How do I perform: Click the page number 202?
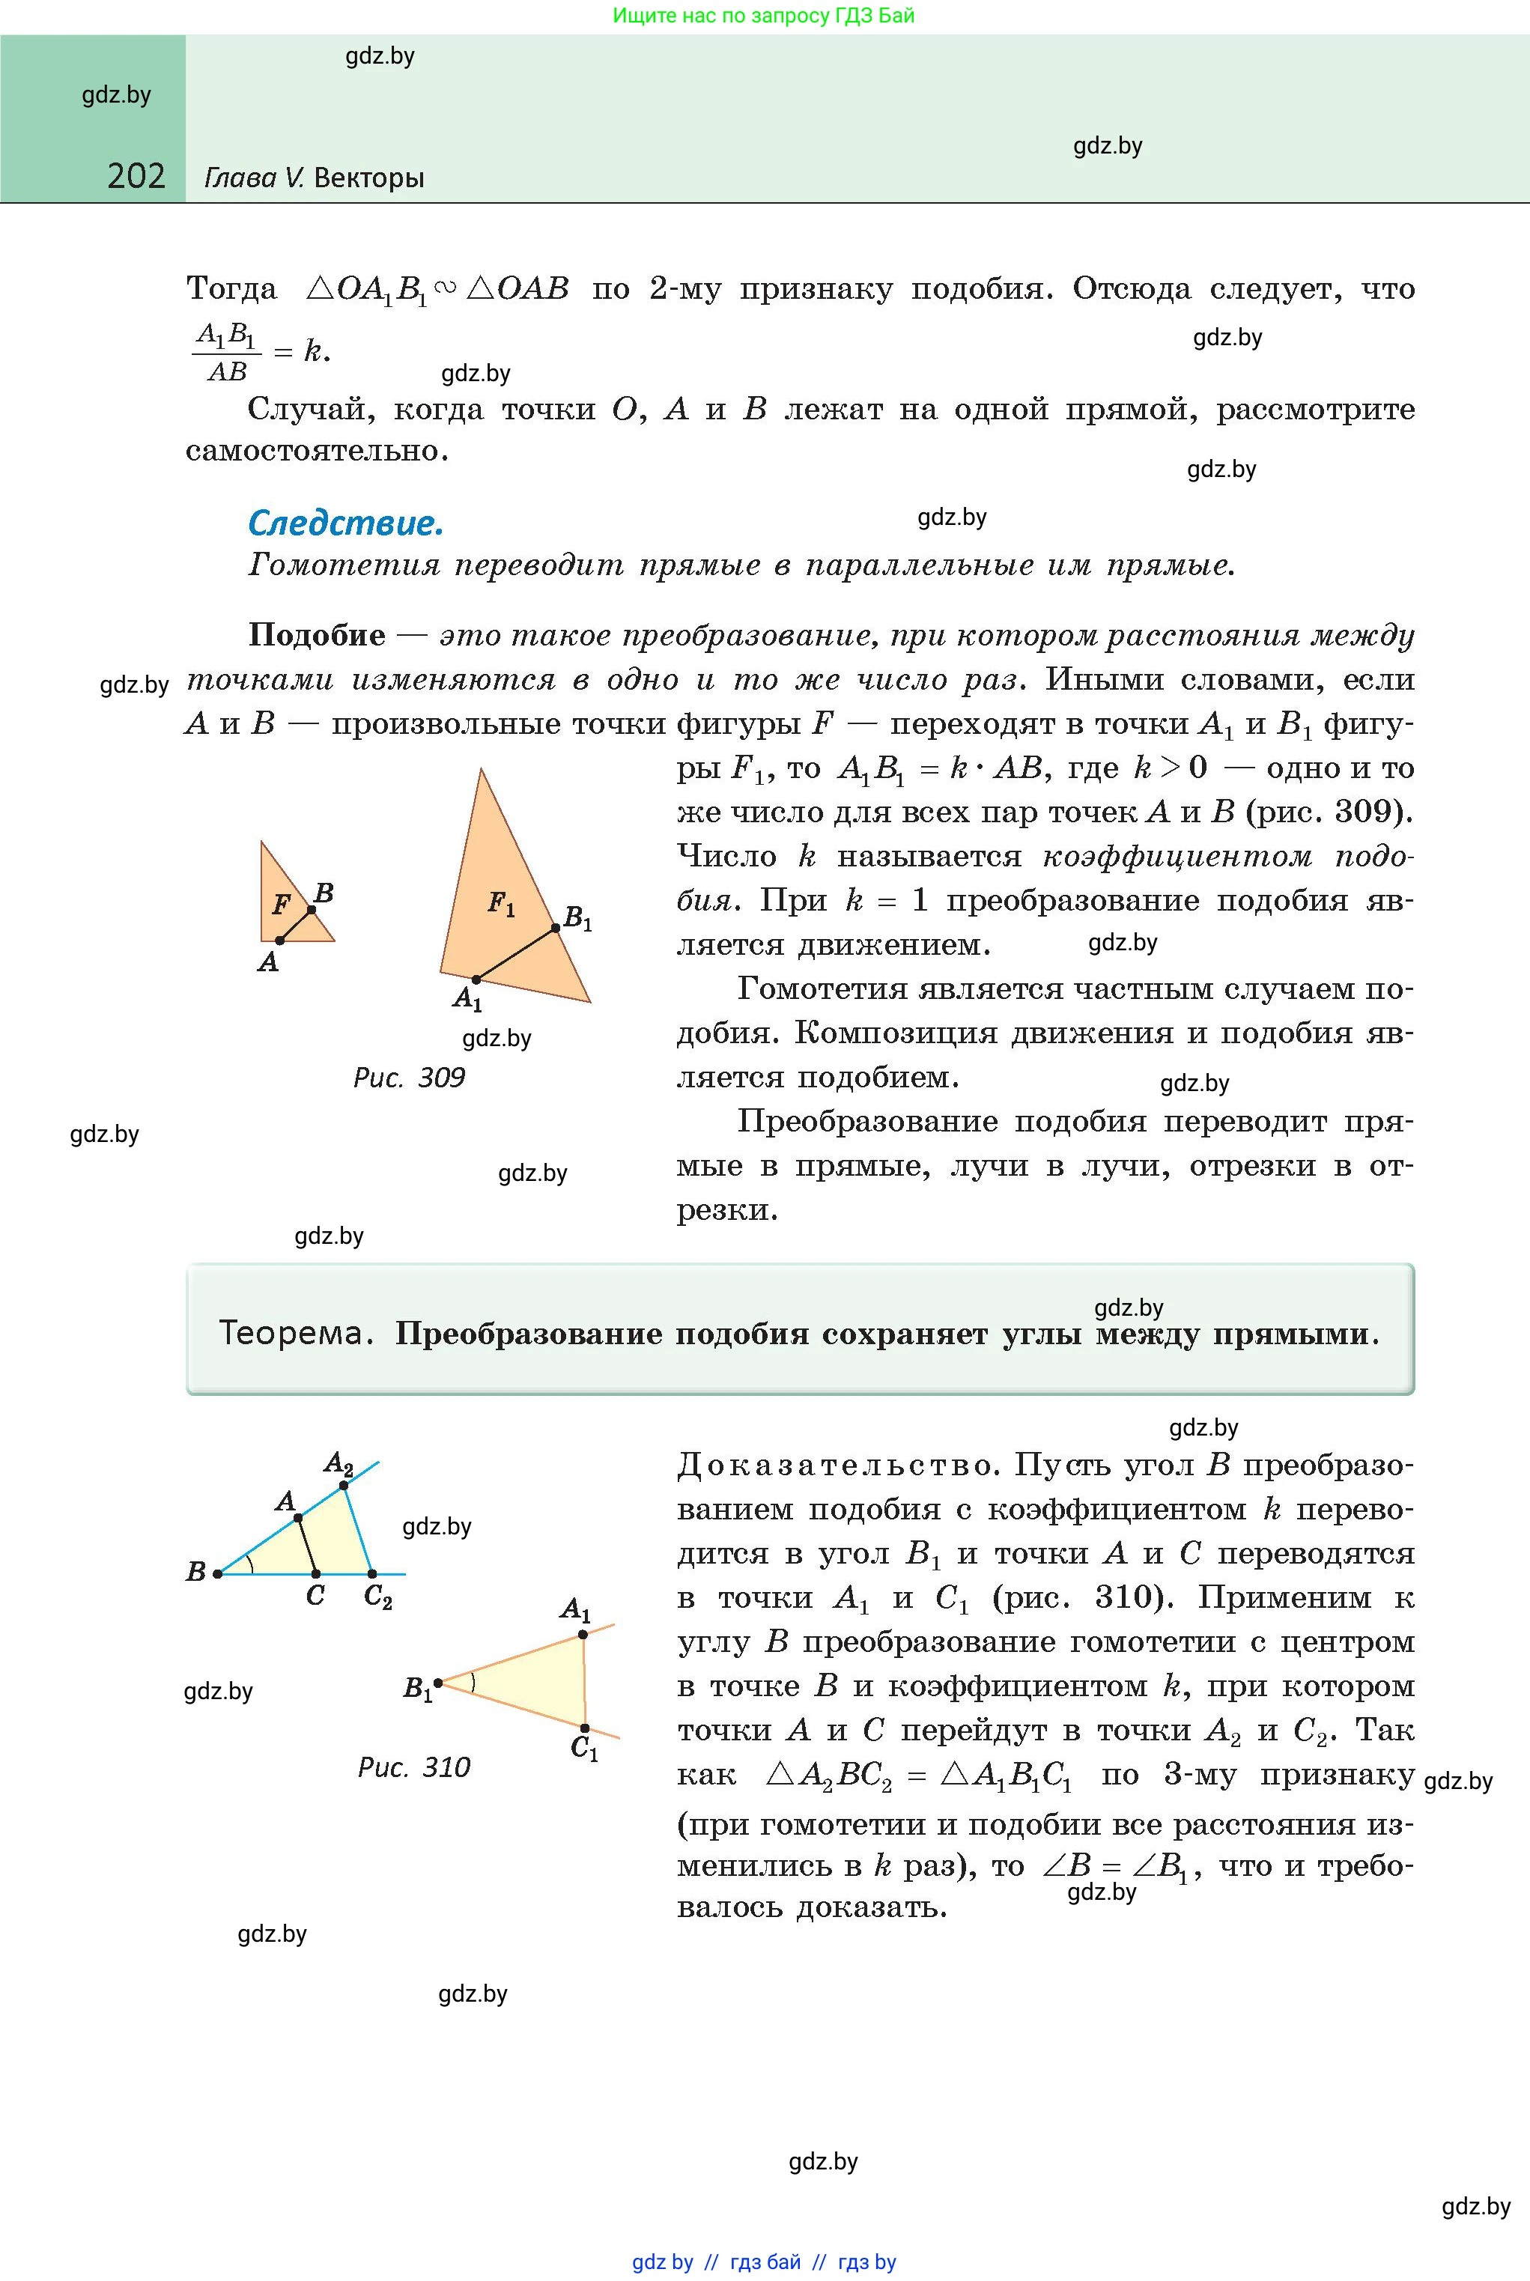pos(136,176)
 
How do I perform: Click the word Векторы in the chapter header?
pos(370,177)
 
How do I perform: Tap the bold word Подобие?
pos(317,634)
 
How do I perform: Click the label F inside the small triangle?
pos(281,905)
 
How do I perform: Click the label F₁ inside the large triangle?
pos(500,905)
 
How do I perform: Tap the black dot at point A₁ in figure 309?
pos(476,979)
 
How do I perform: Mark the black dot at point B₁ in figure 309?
pos(555,928)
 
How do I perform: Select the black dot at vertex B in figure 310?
pos(218,1573)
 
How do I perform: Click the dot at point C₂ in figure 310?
pos(371,1573)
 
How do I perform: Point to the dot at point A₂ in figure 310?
pos(344,1486)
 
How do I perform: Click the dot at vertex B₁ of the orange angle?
pos(438,1682)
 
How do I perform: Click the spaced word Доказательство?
pos(835,1466)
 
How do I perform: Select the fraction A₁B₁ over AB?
pos(226,352)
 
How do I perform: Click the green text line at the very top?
pos(764,16)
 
